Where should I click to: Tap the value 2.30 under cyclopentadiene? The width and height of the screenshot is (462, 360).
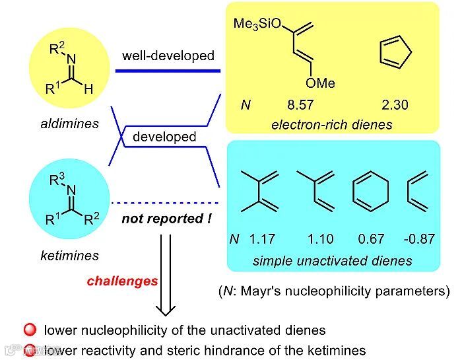pyautogui.click(x=395, y=104)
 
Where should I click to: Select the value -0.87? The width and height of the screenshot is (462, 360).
pyautogui.click(x=420, y=238)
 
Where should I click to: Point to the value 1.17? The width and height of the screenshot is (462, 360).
pyautogui.click(x=264, y=238)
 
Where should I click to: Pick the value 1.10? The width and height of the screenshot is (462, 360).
pyautogui.click(x=319, y=238)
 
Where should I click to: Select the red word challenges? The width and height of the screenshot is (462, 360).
pyautogui.click(x=122, y=281)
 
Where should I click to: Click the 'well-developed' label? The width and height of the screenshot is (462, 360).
pyautogui.click(x=168, y=55)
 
